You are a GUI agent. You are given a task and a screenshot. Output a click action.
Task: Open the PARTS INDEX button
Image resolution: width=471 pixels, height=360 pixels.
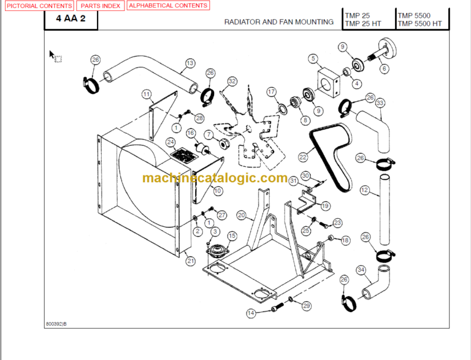click(x=101, y=6)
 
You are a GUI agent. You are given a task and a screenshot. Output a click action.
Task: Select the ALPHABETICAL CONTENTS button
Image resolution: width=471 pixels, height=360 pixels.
click(x=168, y=6)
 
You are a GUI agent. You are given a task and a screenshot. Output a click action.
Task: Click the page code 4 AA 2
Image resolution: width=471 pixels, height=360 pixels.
click(x=71, y=19)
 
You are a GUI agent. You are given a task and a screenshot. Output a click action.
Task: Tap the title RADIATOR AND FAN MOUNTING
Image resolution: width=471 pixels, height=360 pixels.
click(x=278, y=21)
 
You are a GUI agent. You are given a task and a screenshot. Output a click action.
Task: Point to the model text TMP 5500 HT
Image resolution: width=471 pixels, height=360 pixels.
click(x=419, y=24)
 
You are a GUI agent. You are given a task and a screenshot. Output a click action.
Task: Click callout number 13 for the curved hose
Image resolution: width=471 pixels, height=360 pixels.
click(x=190, y=63)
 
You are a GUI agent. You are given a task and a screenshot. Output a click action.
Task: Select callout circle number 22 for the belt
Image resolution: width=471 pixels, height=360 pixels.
click(x=303, y=157)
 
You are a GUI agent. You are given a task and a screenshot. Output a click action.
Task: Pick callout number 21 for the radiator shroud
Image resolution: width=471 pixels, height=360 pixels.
click(x=191, y=261)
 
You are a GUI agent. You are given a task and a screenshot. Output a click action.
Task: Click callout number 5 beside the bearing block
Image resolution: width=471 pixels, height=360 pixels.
click(x=313, y=59)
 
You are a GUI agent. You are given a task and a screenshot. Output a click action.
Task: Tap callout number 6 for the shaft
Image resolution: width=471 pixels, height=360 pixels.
click(x=385, y=69)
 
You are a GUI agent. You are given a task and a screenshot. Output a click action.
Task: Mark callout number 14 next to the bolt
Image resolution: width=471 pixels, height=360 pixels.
click(x=250, y=313)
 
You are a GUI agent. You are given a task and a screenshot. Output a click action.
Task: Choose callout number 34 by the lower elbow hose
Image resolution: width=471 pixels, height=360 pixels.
click(x=361, y=270)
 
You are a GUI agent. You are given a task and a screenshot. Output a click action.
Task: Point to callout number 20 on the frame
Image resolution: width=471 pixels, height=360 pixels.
click(x=242, y=215)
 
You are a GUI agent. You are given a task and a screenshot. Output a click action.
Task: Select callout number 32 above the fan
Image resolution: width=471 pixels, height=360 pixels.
click(x=232, y=81)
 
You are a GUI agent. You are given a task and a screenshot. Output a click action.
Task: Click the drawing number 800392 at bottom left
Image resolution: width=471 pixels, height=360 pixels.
click(x=56, y=323)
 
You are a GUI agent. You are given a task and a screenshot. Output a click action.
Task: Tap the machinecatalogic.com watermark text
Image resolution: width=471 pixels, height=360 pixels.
click(x=215, y=178)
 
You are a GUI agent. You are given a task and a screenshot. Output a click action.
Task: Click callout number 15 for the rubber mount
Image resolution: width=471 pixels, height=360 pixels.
click(x=232, y=236)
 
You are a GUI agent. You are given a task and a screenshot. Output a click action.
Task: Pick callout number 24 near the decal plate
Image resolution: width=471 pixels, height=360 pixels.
click(x=170, y=142)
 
